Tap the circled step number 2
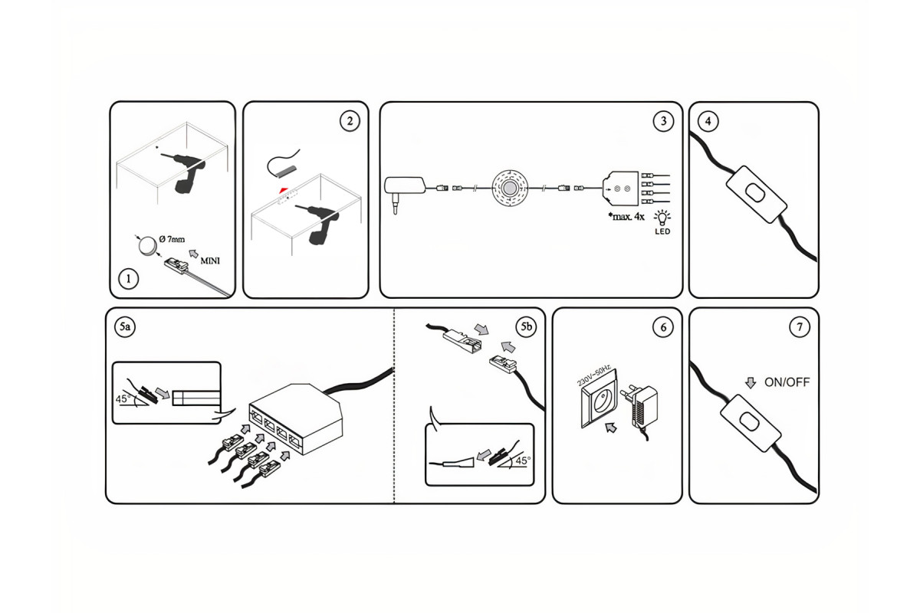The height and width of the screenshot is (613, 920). point(350,121)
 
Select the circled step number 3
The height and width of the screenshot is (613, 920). point(663,120)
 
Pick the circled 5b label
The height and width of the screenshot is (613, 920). point(526,327)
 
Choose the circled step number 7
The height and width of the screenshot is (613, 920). point(799,327)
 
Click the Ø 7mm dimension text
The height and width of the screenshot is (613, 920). point(173,240)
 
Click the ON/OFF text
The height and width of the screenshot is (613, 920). point(787,382)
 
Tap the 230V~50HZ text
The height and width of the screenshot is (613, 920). point(593,375)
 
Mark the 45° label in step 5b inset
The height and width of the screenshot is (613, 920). point(522,461)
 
